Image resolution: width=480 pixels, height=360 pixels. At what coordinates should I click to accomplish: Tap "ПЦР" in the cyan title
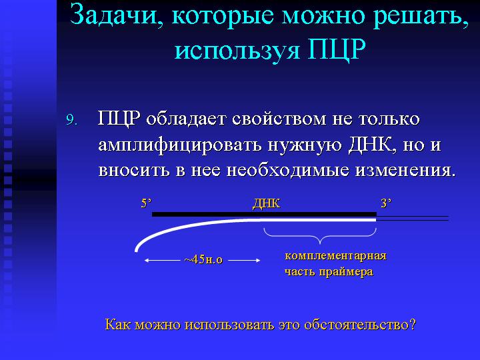337,49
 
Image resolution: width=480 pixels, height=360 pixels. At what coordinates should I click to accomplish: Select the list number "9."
71,120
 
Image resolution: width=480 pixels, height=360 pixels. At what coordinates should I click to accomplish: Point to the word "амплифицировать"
180,145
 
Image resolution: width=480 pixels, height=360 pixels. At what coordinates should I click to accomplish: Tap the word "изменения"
403,171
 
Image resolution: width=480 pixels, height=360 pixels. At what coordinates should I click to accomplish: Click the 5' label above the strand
146,203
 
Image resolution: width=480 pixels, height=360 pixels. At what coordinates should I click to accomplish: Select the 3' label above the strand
386,203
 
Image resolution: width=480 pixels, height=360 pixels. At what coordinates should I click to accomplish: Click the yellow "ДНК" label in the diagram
266,204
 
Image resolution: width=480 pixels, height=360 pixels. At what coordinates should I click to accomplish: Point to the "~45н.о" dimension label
203,260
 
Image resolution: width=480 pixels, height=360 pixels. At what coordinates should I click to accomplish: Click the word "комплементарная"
335,256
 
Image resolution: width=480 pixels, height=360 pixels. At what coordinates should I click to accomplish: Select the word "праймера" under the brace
346,272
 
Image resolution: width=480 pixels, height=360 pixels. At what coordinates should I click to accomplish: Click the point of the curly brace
320,243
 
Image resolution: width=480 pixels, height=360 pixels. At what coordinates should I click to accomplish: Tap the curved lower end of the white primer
136,250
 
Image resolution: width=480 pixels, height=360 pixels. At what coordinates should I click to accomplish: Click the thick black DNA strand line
264,214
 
